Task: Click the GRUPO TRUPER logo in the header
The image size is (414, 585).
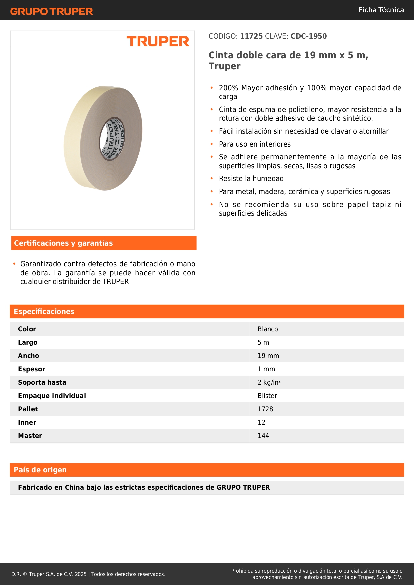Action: [52, 11]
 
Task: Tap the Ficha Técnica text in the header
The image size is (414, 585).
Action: [381, 10]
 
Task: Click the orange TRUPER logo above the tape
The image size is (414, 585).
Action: [158, 41]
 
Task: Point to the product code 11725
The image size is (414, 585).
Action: [251, 36]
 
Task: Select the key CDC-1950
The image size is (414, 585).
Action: [309, 36]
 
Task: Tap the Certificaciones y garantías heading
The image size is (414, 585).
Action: [63, 243]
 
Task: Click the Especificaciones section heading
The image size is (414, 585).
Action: [44, 311]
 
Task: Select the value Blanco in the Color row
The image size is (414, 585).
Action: [268, 329]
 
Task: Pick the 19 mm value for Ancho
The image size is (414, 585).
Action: [268, 356]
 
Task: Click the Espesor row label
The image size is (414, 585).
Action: [32, 369]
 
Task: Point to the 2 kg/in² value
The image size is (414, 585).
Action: [269, 382]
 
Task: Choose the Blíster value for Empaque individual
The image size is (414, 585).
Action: [267, 396]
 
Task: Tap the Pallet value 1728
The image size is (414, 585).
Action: [265, 409]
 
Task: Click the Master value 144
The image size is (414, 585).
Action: [263, 436]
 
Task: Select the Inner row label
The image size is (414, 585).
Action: [27, 422]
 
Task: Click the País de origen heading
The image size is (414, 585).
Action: [40, 470]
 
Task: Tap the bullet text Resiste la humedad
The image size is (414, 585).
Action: [251, 179]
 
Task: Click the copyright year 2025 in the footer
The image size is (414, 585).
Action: [81, 574]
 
